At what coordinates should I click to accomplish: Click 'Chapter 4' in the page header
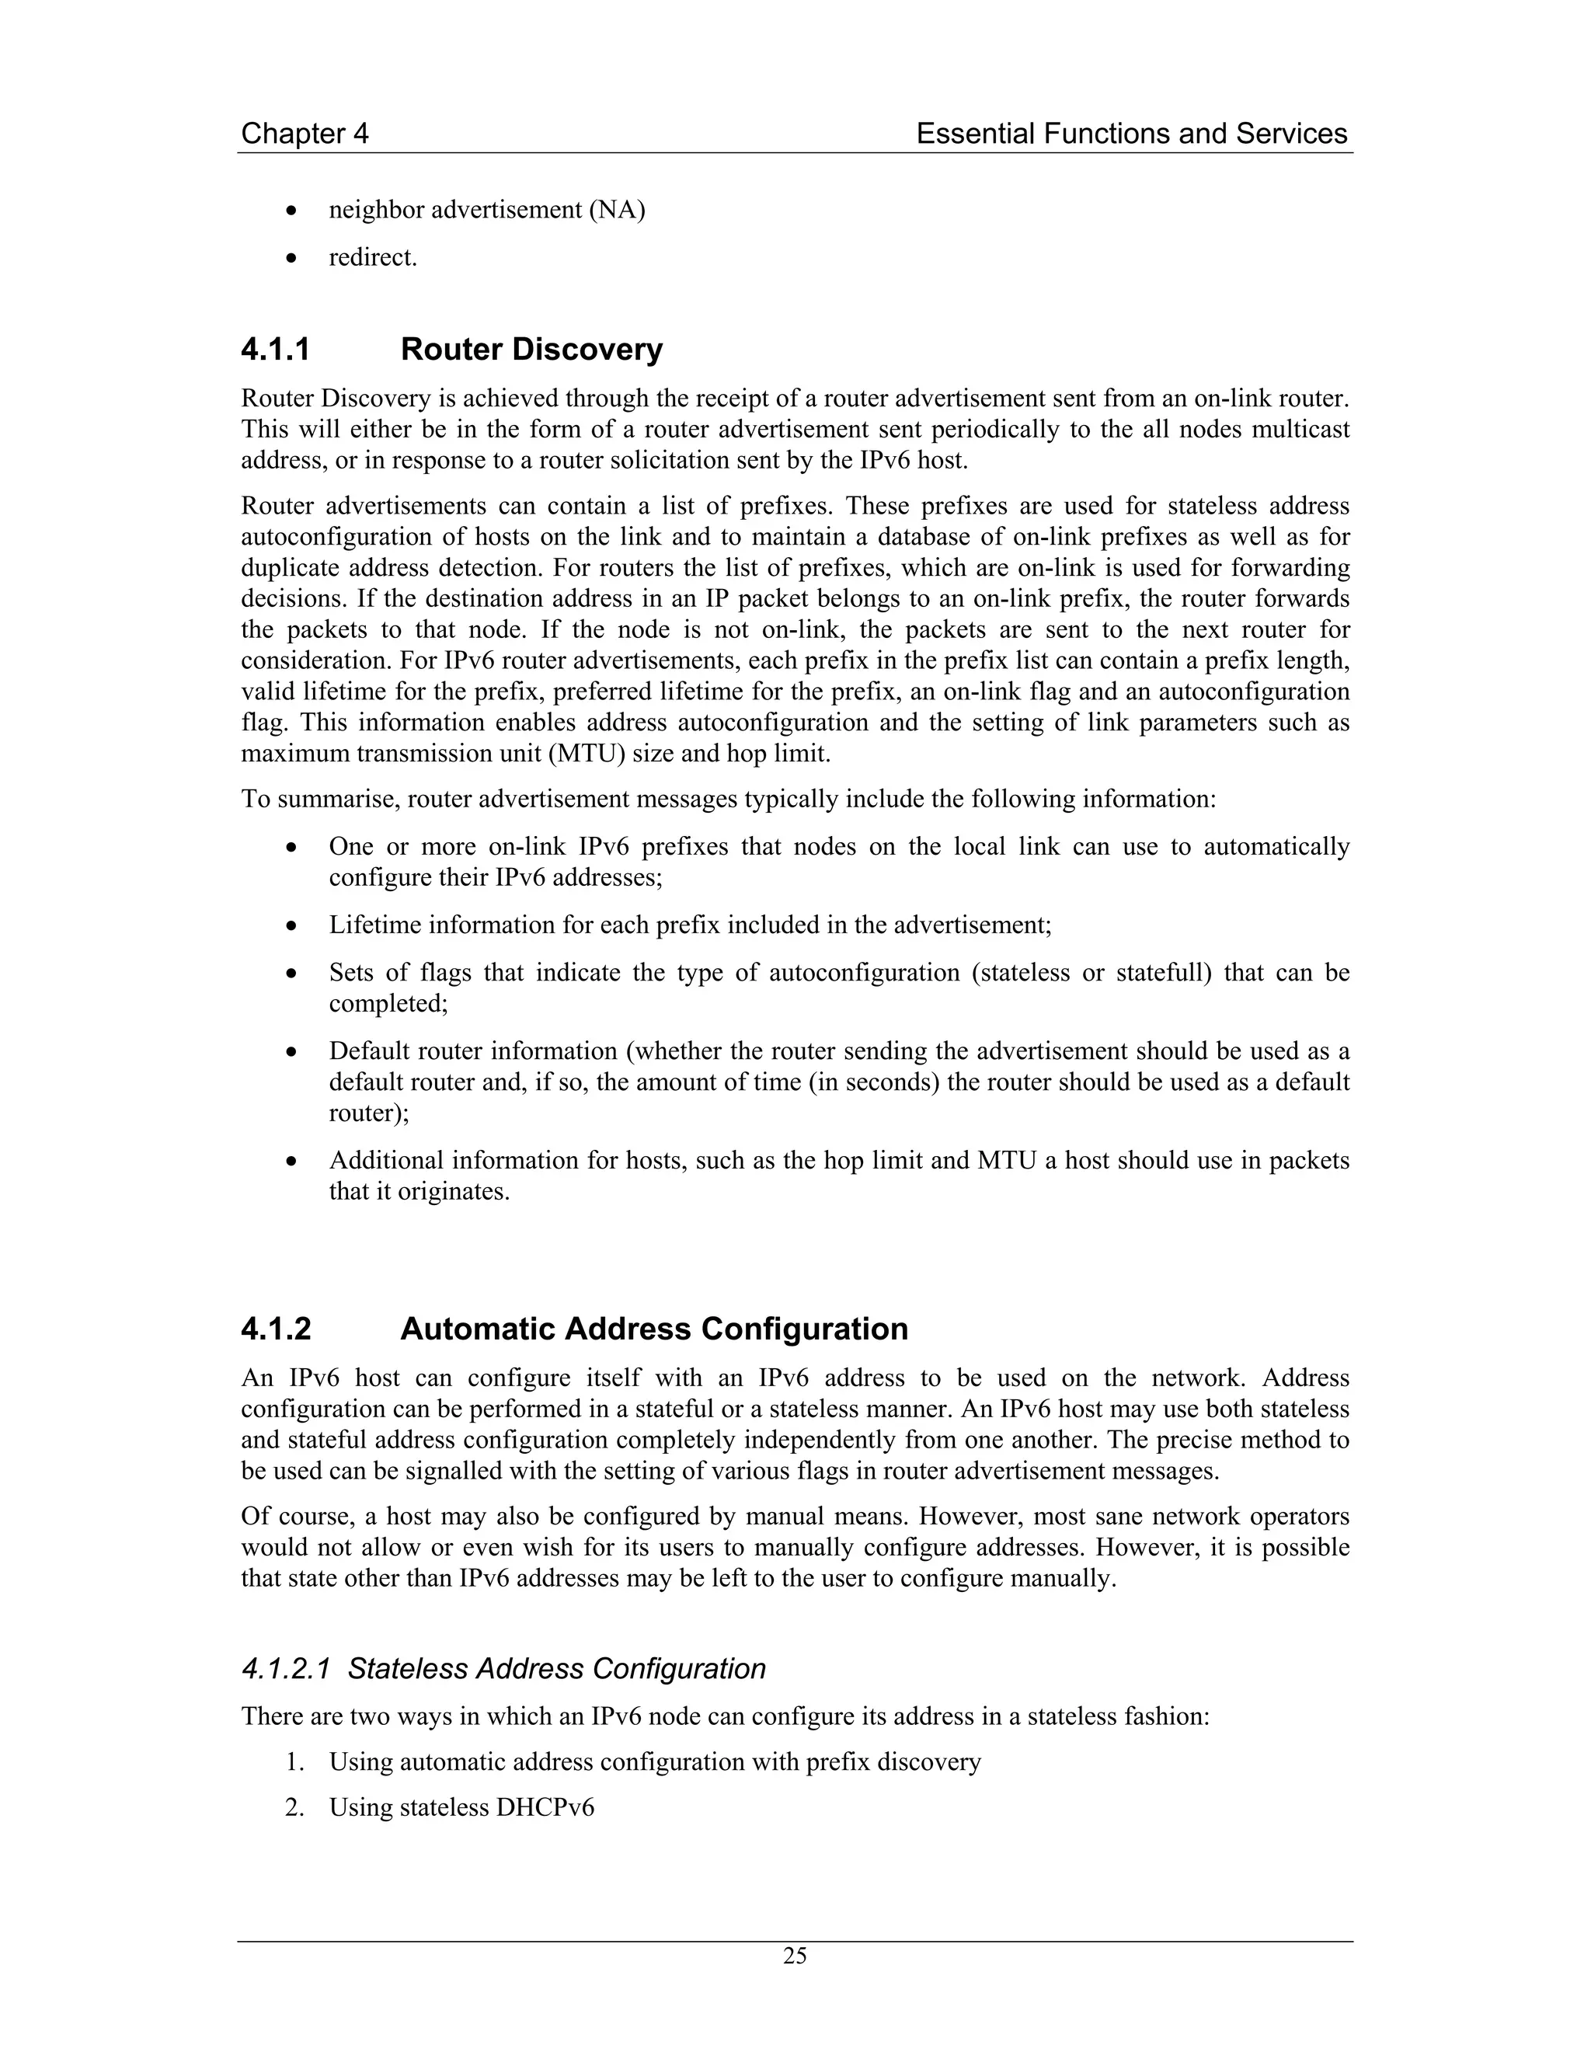tap(305, 134)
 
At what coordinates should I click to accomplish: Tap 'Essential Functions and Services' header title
tap(1131, 134)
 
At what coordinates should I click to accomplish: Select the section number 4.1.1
tap(275, 350)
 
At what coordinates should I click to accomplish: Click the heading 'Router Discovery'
tap(531, 350)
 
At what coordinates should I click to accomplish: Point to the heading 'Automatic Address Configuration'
tap(654, 1329)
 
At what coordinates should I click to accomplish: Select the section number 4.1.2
tap(275, 1329)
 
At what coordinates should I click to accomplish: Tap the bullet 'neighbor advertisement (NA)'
tap(486, 209)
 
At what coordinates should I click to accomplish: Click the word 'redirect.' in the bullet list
tap(372, 256)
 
